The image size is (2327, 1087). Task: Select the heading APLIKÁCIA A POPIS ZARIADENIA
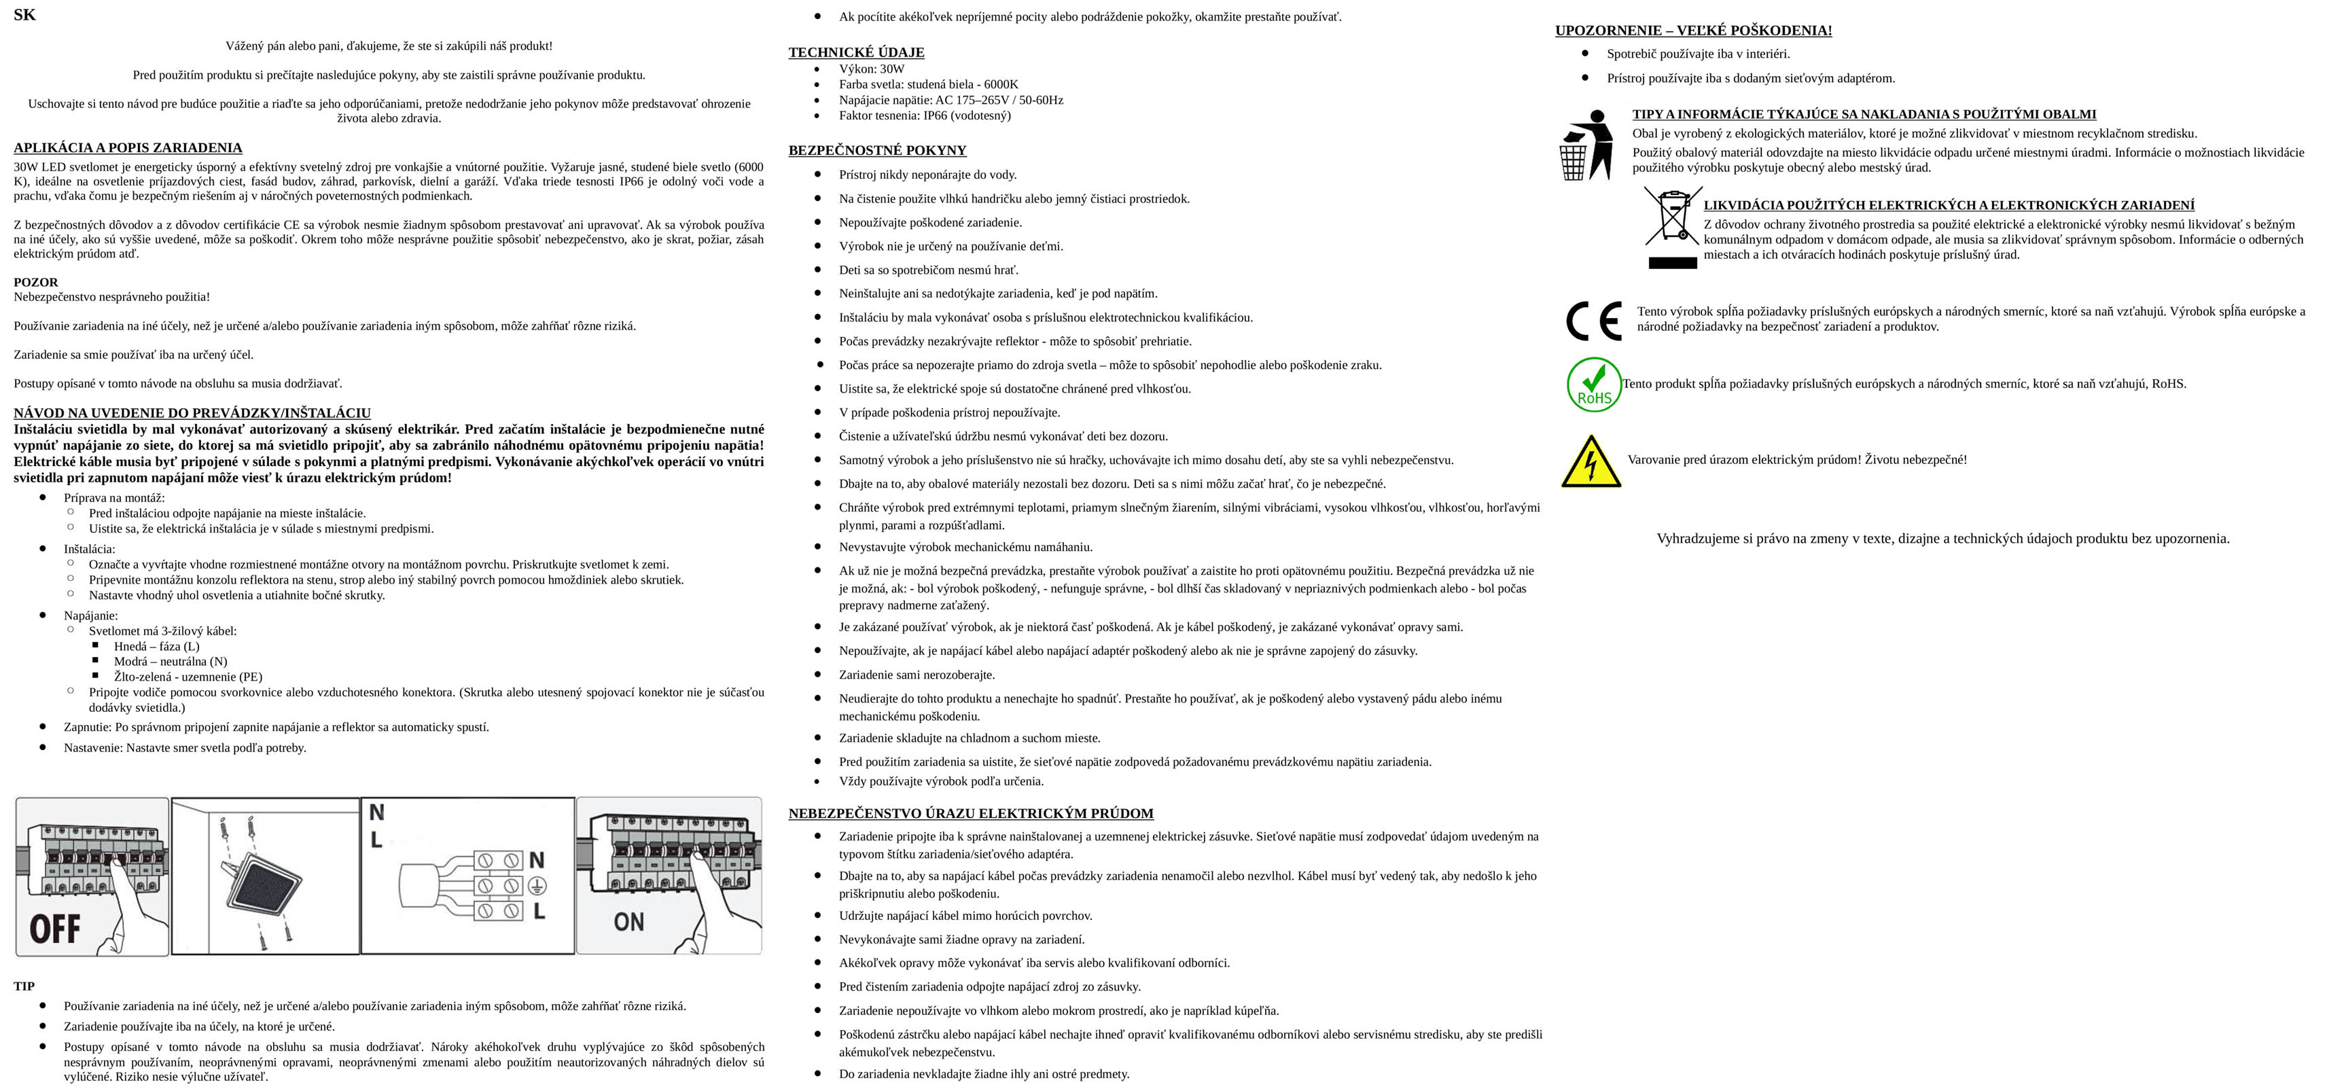127,147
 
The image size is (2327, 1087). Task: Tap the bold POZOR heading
35,282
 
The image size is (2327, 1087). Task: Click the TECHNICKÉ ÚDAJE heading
855,52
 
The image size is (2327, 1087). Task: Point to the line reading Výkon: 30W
871,69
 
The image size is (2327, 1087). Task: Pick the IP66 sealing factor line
924,115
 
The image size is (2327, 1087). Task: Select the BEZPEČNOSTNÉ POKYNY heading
876,150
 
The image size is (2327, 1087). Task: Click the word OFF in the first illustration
55,929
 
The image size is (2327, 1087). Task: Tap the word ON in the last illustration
628,922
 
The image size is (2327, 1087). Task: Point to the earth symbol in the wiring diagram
537,885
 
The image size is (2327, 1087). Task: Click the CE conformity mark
1593,321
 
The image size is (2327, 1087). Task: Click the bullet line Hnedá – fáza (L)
156,646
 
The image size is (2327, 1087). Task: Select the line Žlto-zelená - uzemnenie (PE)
188,677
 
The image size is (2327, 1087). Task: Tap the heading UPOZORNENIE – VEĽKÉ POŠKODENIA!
1693,31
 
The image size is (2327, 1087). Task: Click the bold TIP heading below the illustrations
24,986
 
